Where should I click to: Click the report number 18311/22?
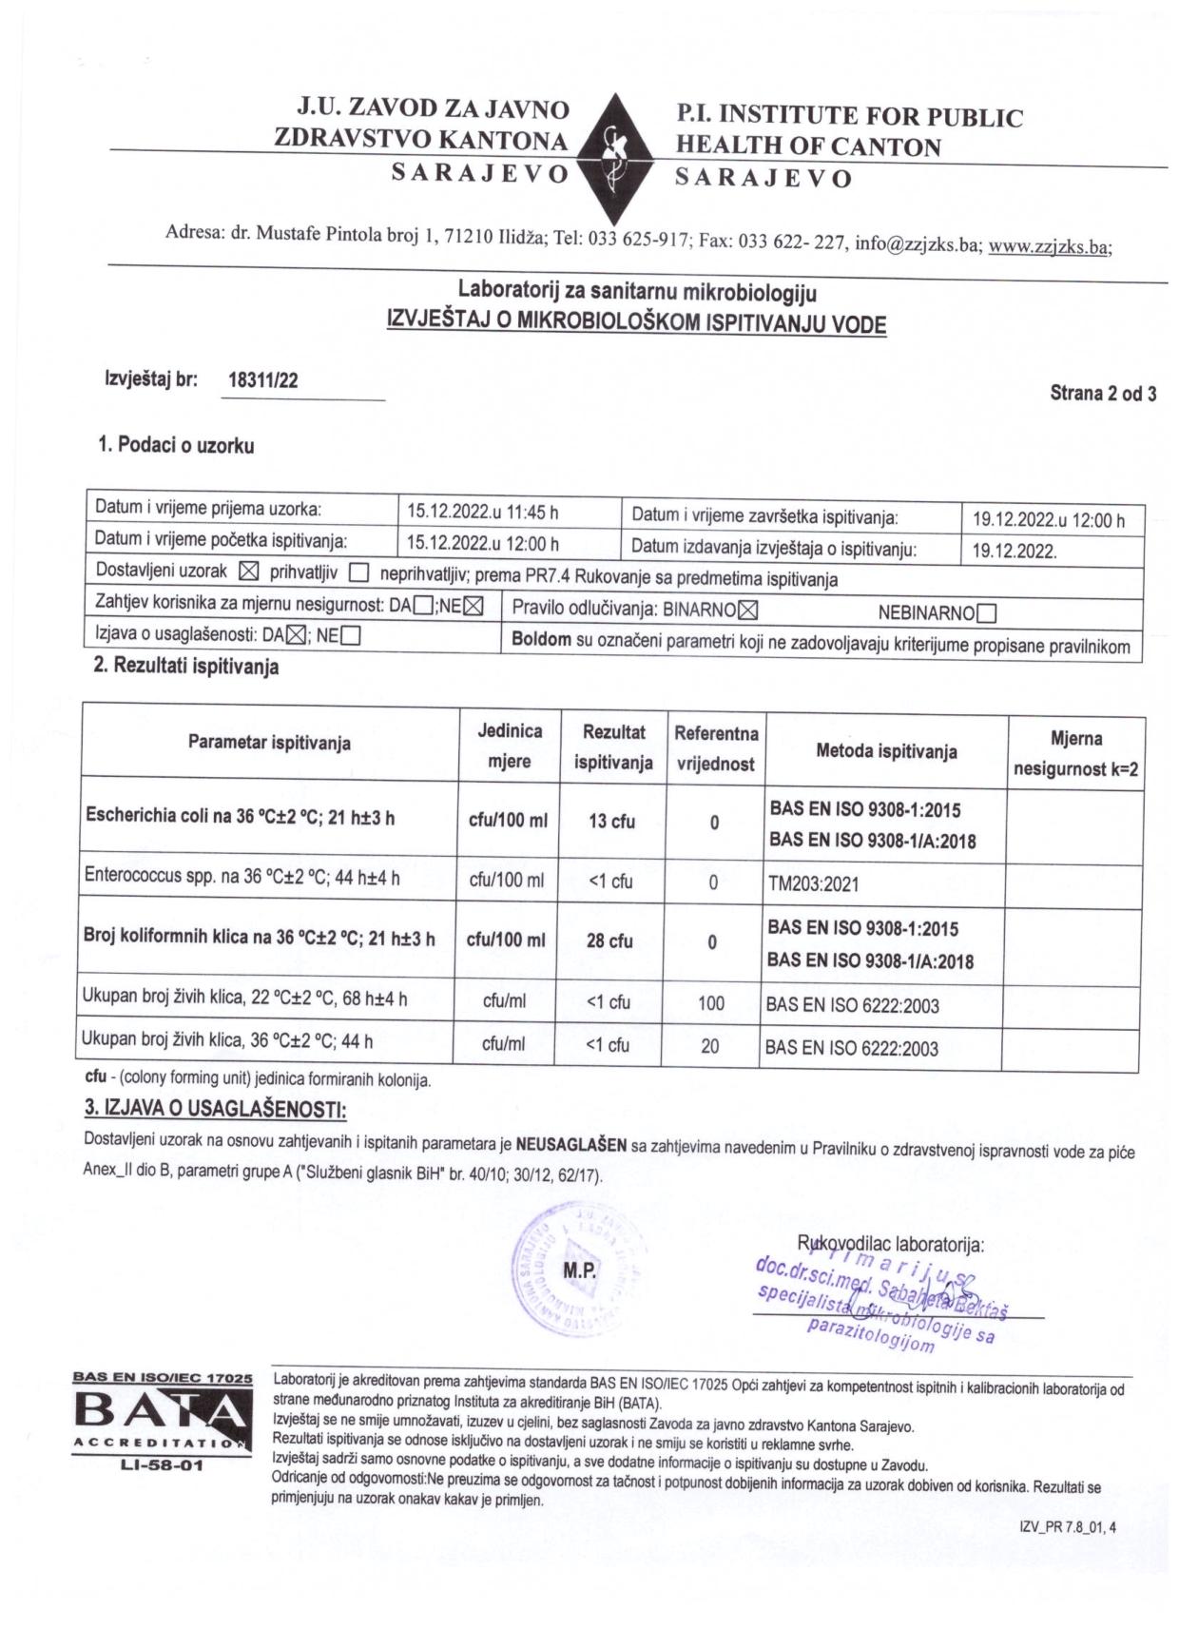[x=263, y=381]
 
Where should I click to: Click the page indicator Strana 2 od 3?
[x=1102, y=393]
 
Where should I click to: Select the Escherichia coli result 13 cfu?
[x=611, y=822]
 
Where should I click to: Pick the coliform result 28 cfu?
[x=609, y=940]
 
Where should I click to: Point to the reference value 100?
[x=710, y=1003]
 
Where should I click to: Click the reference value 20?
[x=709, y=1046]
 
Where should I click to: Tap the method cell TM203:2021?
[x=813, y=884]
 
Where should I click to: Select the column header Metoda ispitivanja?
[x=886, y=751]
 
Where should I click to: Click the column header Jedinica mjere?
[x=510, y=746]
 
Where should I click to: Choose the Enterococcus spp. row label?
[x=242, y=878]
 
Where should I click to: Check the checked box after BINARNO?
[x=748, y=610]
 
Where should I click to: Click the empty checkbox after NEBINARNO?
[x=986, y=613]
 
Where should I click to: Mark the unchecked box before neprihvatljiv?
[x=358, y=573]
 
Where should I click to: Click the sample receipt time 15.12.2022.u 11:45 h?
[x=482, y=513]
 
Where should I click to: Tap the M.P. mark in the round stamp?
[x=579, y=1270]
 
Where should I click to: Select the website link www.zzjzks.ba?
[x=1048, y=246]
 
